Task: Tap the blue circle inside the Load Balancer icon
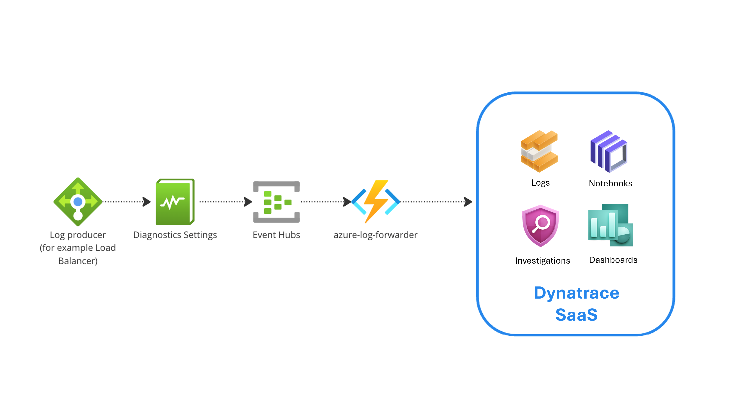(x=78, y=202)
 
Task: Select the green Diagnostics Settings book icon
(x=175, y=202)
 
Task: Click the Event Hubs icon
(x=277, y=202)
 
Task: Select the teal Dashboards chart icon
(x=610, y=225)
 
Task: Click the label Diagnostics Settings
(x=175, y=235)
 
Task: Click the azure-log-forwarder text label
(x=375, y=235)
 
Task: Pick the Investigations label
(x=542, y=261)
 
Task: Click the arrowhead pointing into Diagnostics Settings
(x=147, y=202)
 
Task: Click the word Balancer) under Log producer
(x=78, y=261)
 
